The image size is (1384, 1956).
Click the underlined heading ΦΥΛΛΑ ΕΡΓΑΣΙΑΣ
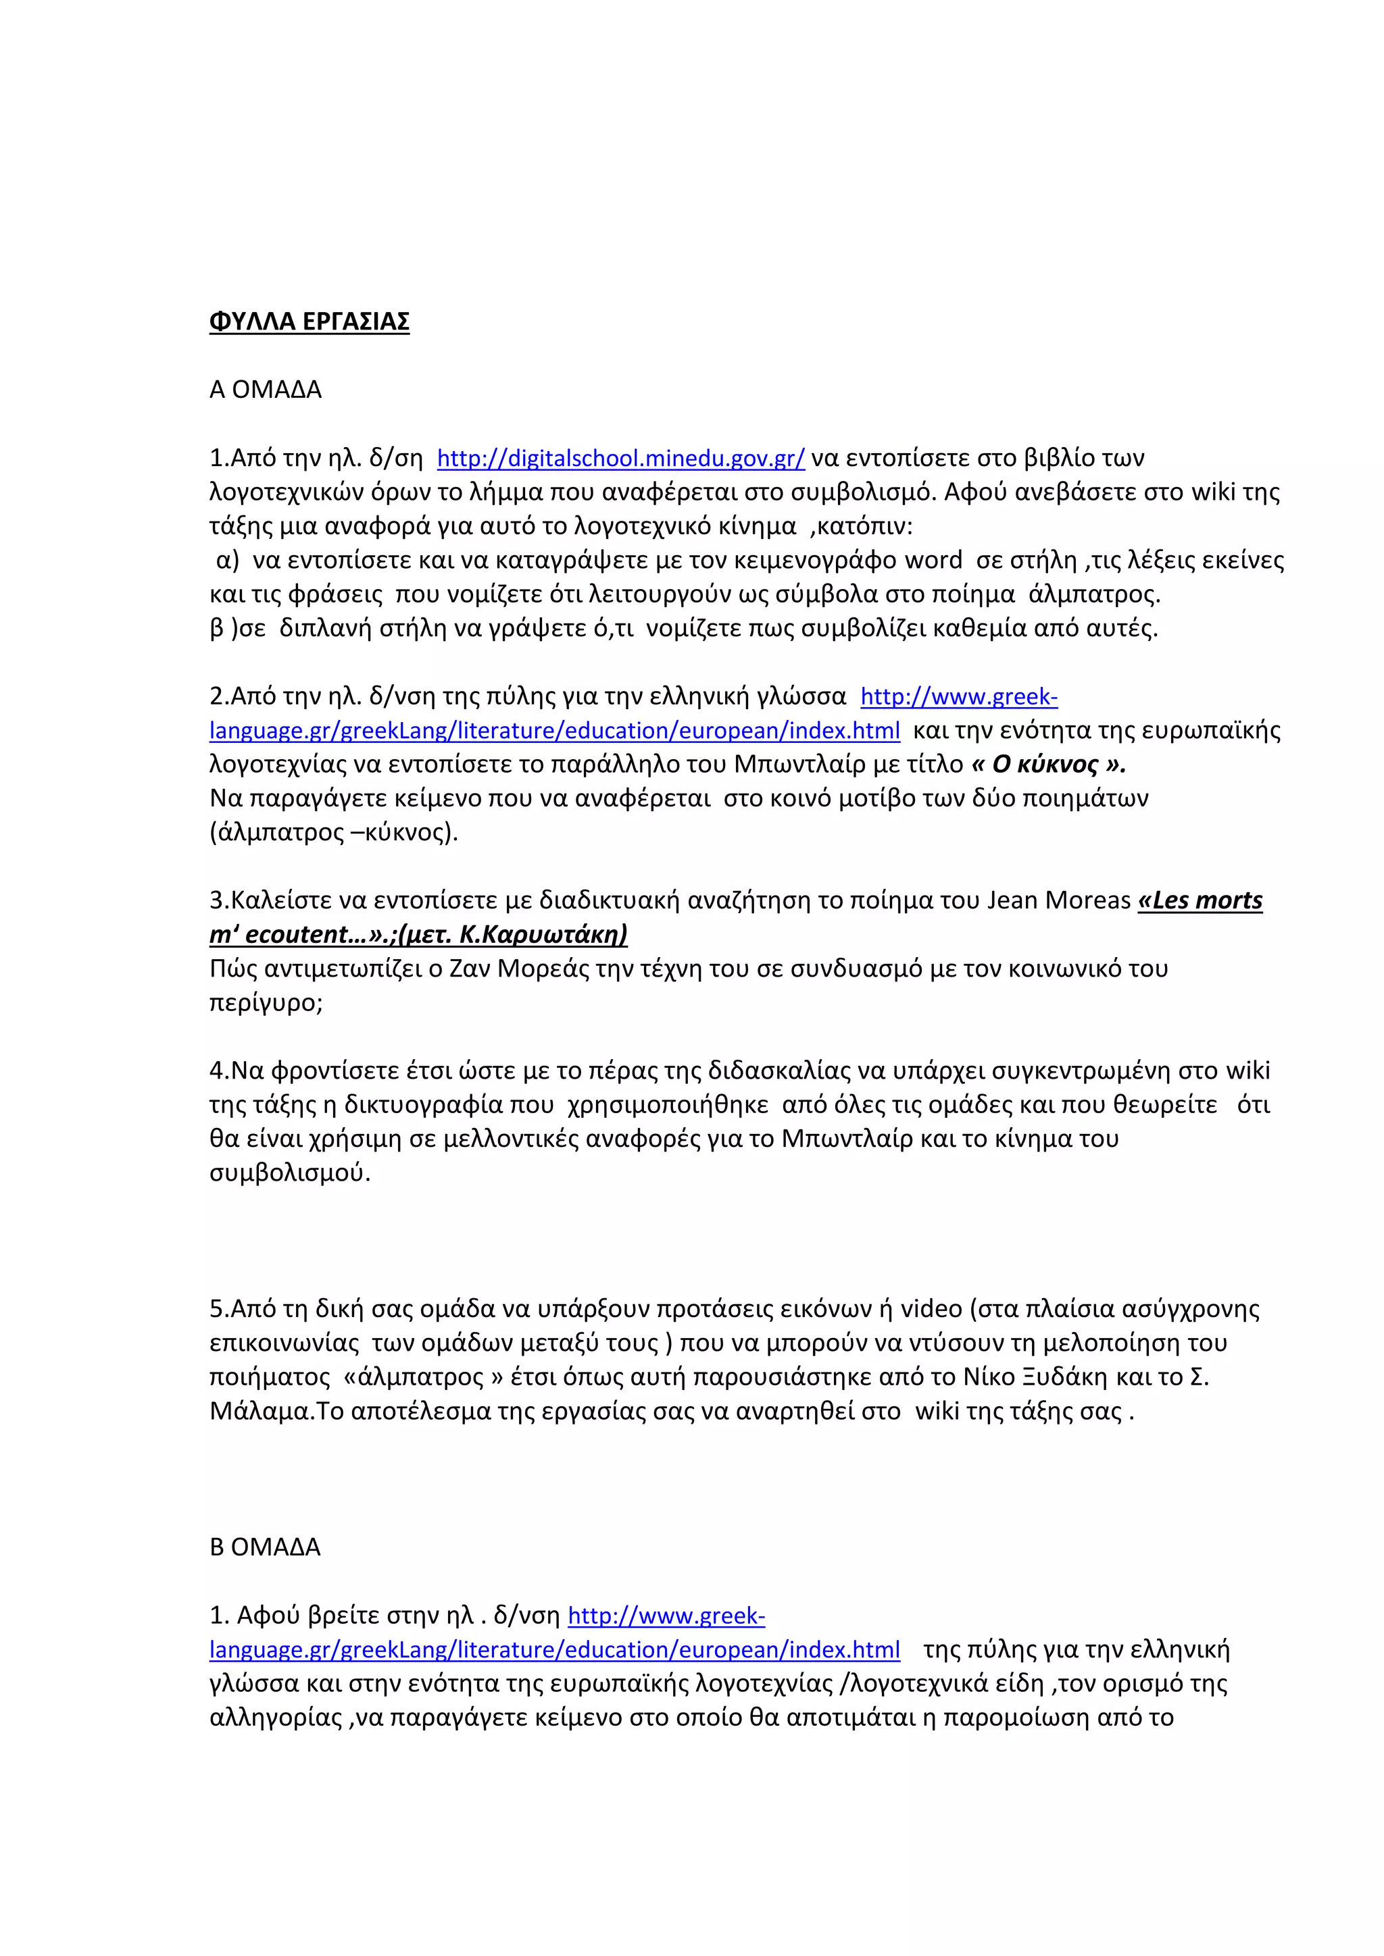(310, 322)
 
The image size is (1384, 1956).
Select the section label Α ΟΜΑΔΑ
(265, 390)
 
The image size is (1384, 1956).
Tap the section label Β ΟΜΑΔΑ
(265, 1547)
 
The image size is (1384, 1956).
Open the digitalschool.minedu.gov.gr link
(620, 459)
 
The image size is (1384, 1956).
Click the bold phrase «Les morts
(1200, 900)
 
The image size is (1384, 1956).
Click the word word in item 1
(933, 561)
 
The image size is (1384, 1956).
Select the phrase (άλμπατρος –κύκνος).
(334, 832)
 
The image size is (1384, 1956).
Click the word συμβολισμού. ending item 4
(290, 1173)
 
